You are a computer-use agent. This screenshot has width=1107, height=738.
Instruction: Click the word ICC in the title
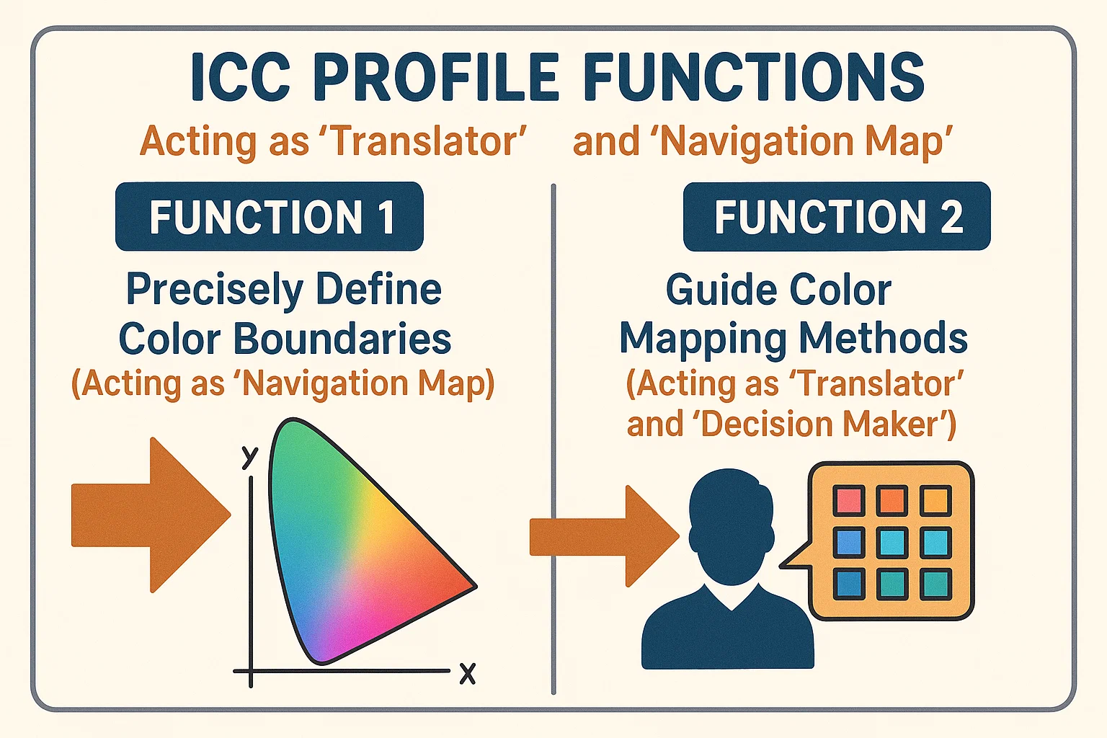click(241, 77)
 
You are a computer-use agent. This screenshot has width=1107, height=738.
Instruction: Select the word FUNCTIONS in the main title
click(754, 77)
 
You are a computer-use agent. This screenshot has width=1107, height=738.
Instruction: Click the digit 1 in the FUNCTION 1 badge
click(386, 217)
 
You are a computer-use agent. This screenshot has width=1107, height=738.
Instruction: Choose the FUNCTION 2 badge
click(837, 216)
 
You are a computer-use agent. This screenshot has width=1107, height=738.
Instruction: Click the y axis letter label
click(250, 455)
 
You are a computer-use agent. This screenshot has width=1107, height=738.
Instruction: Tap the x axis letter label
click(468, 674)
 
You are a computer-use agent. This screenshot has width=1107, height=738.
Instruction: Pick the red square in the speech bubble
click(848, 500)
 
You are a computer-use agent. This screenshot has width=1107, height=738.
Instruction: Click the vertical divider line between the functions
click(553, 440)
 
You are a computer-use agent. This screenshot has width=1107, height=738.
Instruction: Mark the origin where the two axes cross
click(251, 671)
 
